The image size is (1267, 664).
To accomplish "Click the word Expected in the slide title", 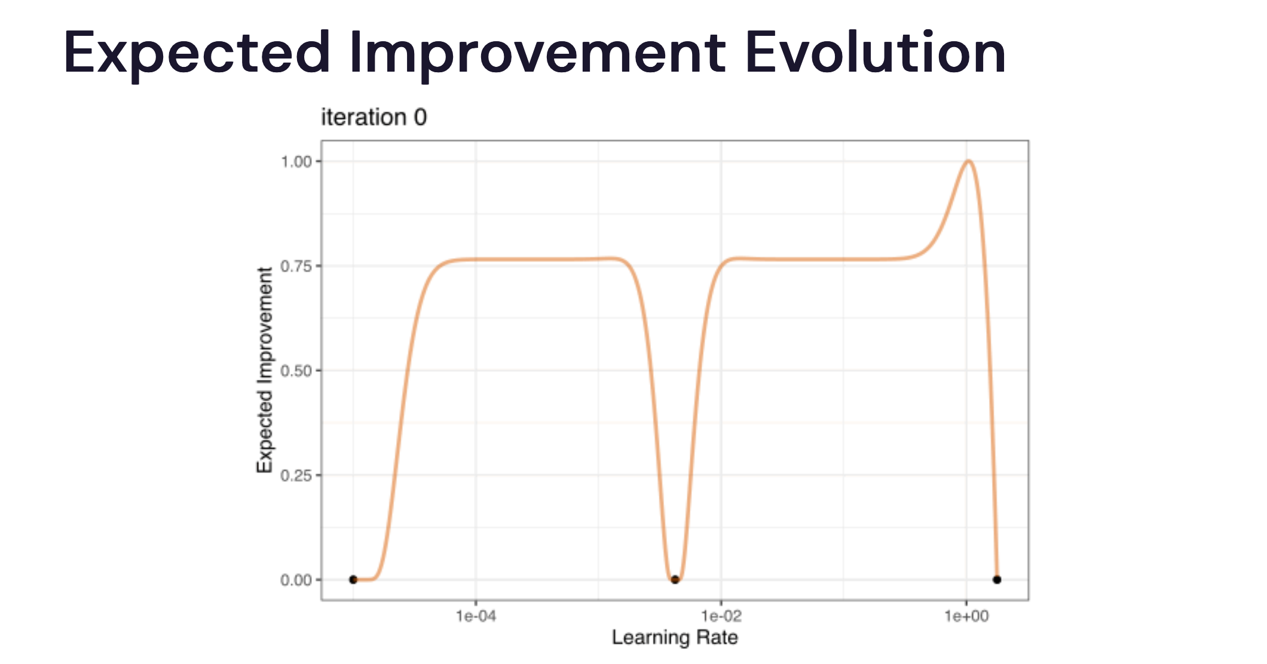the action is point(197,54).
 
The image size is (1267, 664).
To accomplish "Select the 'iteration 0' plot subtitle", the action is point(374,117).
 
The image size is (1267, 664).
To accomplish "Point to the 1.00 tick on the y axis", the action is point(296,161).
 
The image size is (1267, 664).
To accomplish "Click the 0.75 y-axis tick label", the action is point(296,266).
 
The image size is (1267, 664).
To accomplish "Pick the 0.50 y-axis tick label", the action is point(296,371).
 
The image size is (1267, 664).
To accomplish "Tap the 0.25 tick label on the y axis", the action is point(296,475).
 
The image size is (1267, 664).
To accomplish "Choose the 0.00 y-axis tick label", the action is point(296,580).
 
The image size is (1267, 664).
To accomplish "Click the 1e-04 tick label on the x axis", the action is point(476,616).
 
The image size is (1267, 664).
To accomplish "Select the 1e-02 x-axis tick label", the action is point(721,616).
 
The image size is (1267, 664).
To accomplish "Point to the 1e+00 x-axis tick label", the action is point(966,616).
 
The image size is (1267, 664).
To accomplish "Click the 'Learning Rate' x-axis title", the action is point(675,637).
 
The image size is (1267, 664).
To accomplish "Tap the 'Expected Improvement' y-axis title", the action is point(265,370).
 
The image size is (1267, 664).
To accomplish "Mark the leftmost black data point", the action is point(353,579).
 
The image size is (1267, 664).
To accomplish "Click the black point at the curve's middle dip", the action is point(675,579).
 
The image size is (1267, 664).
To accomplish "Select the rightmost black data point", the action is point(997,579).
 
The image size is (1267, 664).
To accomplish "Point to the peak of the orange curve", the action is point(969,161).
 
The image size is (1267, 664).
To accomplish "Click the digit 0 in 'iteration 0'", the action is point(421,117).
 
